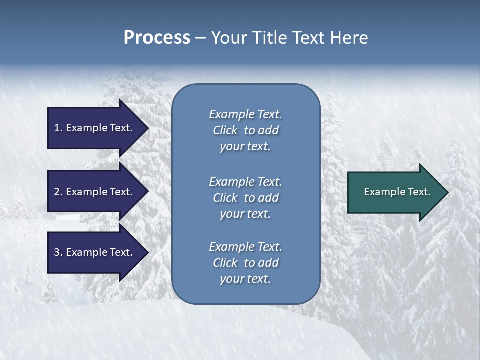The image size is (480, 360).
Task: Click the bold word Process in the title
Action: [x=157, y=38]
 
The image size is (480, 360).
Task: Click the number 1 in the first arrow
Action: [x=57, y=128]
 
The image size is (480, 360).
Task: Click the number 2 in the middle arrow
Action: [x=57, y=192]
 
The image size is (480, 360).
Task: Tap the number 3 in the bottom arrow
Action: [x=57, y=252]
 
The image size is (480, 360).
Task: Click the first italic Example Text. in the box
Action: [x=245, y=114]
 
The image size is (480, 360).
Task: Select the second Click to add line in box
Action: [x=245, y=198]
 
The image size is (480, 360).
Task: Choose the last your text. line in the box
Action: [x=245, y=279]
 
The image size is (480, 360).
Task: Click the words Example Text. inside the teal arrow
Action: [x=397, y=192]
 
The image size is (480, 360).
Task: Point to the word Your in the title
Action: [x=227, y=38]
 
